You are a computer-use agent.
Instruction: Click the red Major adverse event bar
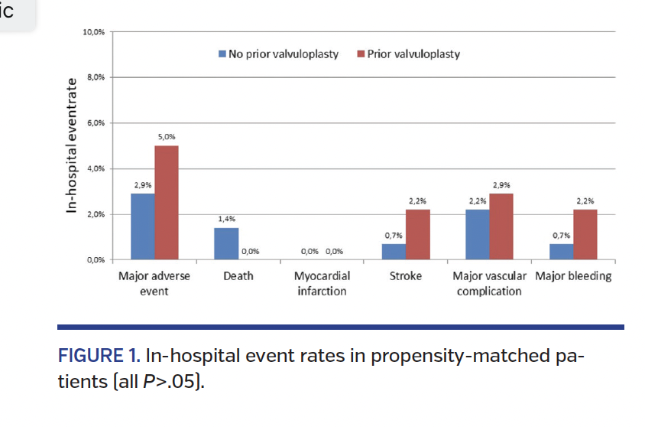(x=167, y=203)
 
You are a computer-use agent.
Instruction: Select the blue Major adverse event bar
(x=142, y=227)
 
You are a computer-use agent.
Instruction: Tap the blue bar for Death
(x=225, y=244)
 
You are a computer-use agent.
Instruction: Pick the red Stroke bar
(x=418, y=235)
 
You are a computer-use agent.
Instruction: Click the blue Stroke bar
(x=394, y=252)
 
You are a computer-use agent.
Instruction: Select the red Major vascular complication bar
(x=501, y=227)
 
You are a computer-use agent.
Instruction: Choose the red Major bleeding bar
(x=585, y=235)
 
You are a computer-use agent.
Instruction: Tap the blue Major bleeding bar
(x=561, y=252)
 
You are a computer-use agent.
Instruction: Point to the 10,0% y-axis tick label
(x=94, y=32)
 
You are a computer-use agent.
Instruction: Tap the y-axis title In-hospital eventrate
(x=72, y=145)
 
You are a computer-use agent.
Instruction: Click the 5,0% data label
(x=167, y=137)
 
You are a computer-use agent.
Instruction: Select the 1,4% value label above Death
(x=225, y=220)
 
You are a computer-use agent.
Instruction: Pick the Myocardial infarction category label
(x=322, y=283)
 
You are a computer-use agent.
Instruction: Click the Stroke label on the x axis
(x=405, y=276)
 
